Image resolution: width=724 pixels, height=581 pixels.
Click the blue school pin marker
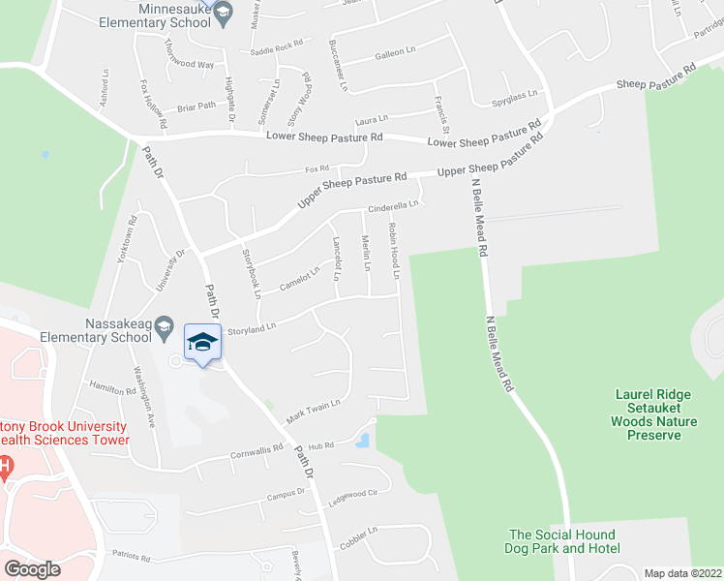pyautogui.click(x=202, y=344)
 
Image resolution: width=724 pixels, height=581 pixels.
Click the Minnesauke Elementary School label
pyautogui.click(x=161, y=14)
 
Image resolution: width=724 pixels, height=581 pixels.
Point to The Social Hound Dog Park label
pyautogui.click(x=562, y=541)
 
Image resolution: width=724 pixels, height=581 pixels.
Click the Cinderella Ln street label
pyautogui.click(x=392, y=206)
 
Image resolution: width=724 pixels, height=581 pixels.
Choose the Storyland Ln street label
pyautogui.click(x=252, y=328)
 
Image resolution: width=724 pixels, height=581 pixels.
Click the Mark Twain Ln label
pyautogui.click(x=314, y=413)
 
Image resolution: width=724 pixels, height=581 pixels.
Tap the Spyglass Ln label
pyautogui.click(x=513, y=101)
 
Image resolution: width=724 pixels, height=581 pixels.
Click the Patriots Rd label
pyautogui.click(x=130, y=558)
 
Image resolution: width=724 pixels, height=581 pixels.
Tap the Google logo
pyautogui.click(x=32, y=569)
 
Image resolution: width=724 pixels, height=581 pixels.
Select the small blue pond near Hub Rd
pyautogui.click(x=362, y=442)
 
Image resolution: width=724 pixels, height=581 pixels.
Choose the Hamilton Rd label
pyautogui.click(x=113, y=388)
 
